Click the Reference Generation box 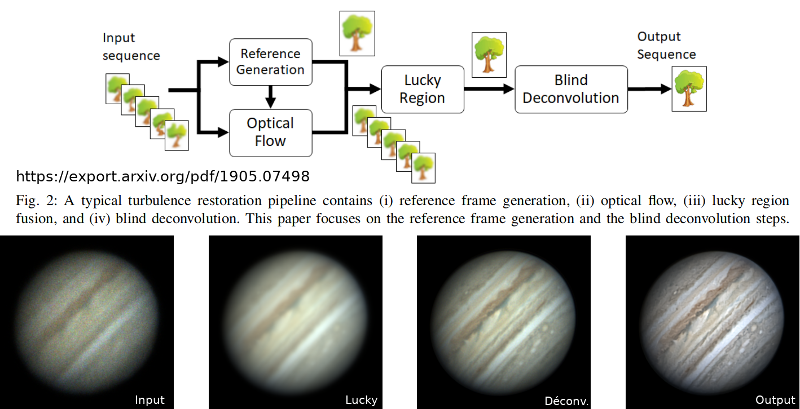click(x=270, y=62)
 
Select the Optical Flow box click(x=270, y=132)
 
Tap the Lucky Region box click(x=423, y=90)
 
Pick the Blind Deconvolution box click(x=571, y=90)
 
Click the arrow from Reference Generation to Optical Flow click(x=271, y=97)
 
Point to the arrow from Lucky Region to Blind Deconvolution click(x=489, y=89)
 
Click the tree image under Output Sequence click(x=688, y=88)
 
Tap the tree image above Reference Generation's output click(x=357, y=33)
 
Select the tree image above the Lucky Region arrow click(x=489, y=55)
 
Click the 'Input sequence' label click(x=131, y=47)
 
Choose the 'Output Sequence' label click(x=666, y=46)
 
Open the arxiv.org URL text click(x=162, y=176)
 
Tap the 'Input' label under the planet click(x=150, y=400)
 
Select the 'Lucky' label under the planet click(x=361, y=400)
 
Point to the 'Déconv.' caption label click(x=566, y=401)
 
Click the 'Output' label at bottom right click(x=775, y=400)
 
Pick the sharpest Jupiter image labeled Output click(x=712, y=322)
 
